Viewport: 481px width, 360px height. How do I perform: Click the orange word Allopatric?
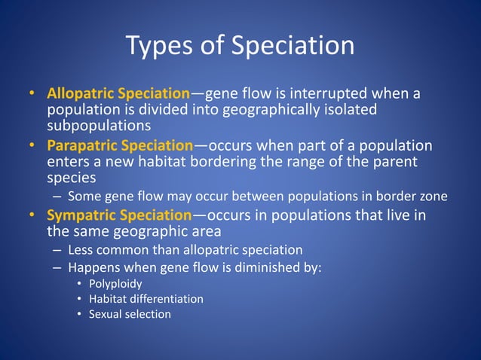click(81, 94)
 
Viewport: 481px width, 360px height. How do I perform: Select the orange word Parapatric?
click(81, 145)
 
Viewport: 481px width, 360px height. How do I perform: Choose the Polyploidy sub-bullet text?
click(115, 284)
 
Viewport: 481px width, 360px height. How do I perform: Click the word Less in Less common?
click(80, 249)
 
